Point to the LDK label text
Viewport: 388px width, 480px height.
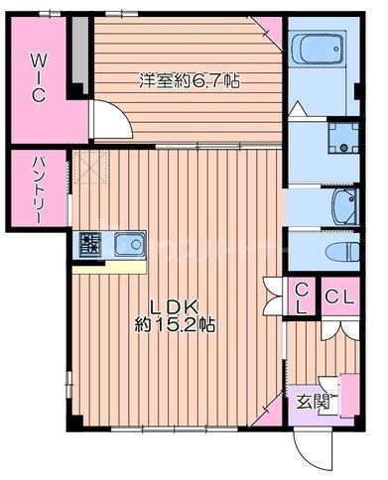(x=176, y=304)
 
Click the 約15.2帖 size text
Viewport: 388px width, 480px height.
(x=176, y=324)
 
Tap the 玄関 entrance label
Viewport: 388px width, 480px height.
(x=311, y=402)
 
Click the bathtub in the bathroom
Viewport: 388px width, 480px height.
(x=318, y=47)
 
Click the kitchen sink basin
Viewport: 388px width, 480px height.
(x=129, y=244)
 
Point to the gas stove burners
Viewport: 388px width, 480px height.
(x=89, y=243)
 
